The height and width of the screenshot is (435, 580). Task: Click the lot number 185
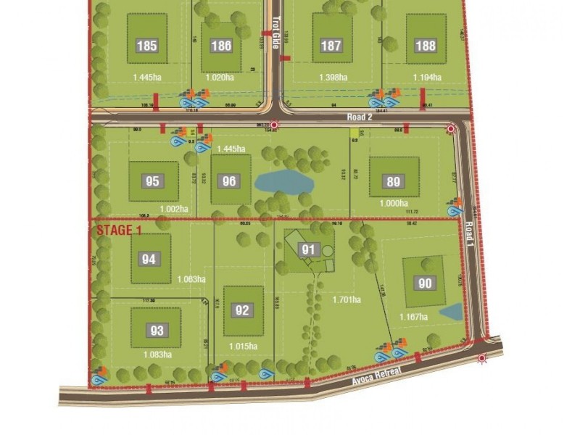click(146, 46)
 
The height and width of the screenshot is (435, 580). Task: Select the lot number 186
click(221, 46)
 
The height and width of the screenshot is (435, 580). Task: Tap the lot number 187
click(331, 46)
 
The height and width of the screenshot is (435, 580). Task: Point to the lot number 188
click(426, 46)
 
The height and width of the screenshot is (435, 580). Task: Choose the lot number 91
click(309, 250)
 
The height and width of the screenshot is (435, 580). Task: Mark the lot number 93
click(156, 331)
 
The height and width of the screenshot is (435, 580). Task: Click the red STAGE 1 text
click(119, 231)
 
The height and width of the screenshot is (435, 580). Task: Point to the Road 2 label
click(360, 116)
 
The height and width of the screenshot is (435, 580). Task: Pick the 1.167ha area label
click(414, 317)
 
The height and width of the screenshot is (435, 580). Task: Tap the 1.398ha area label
click(333, 78)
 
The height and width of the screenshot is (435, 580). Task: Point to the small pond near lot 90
click(450, 312)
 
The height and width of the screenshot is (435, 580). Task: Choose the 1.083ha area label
click(157, 355)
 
